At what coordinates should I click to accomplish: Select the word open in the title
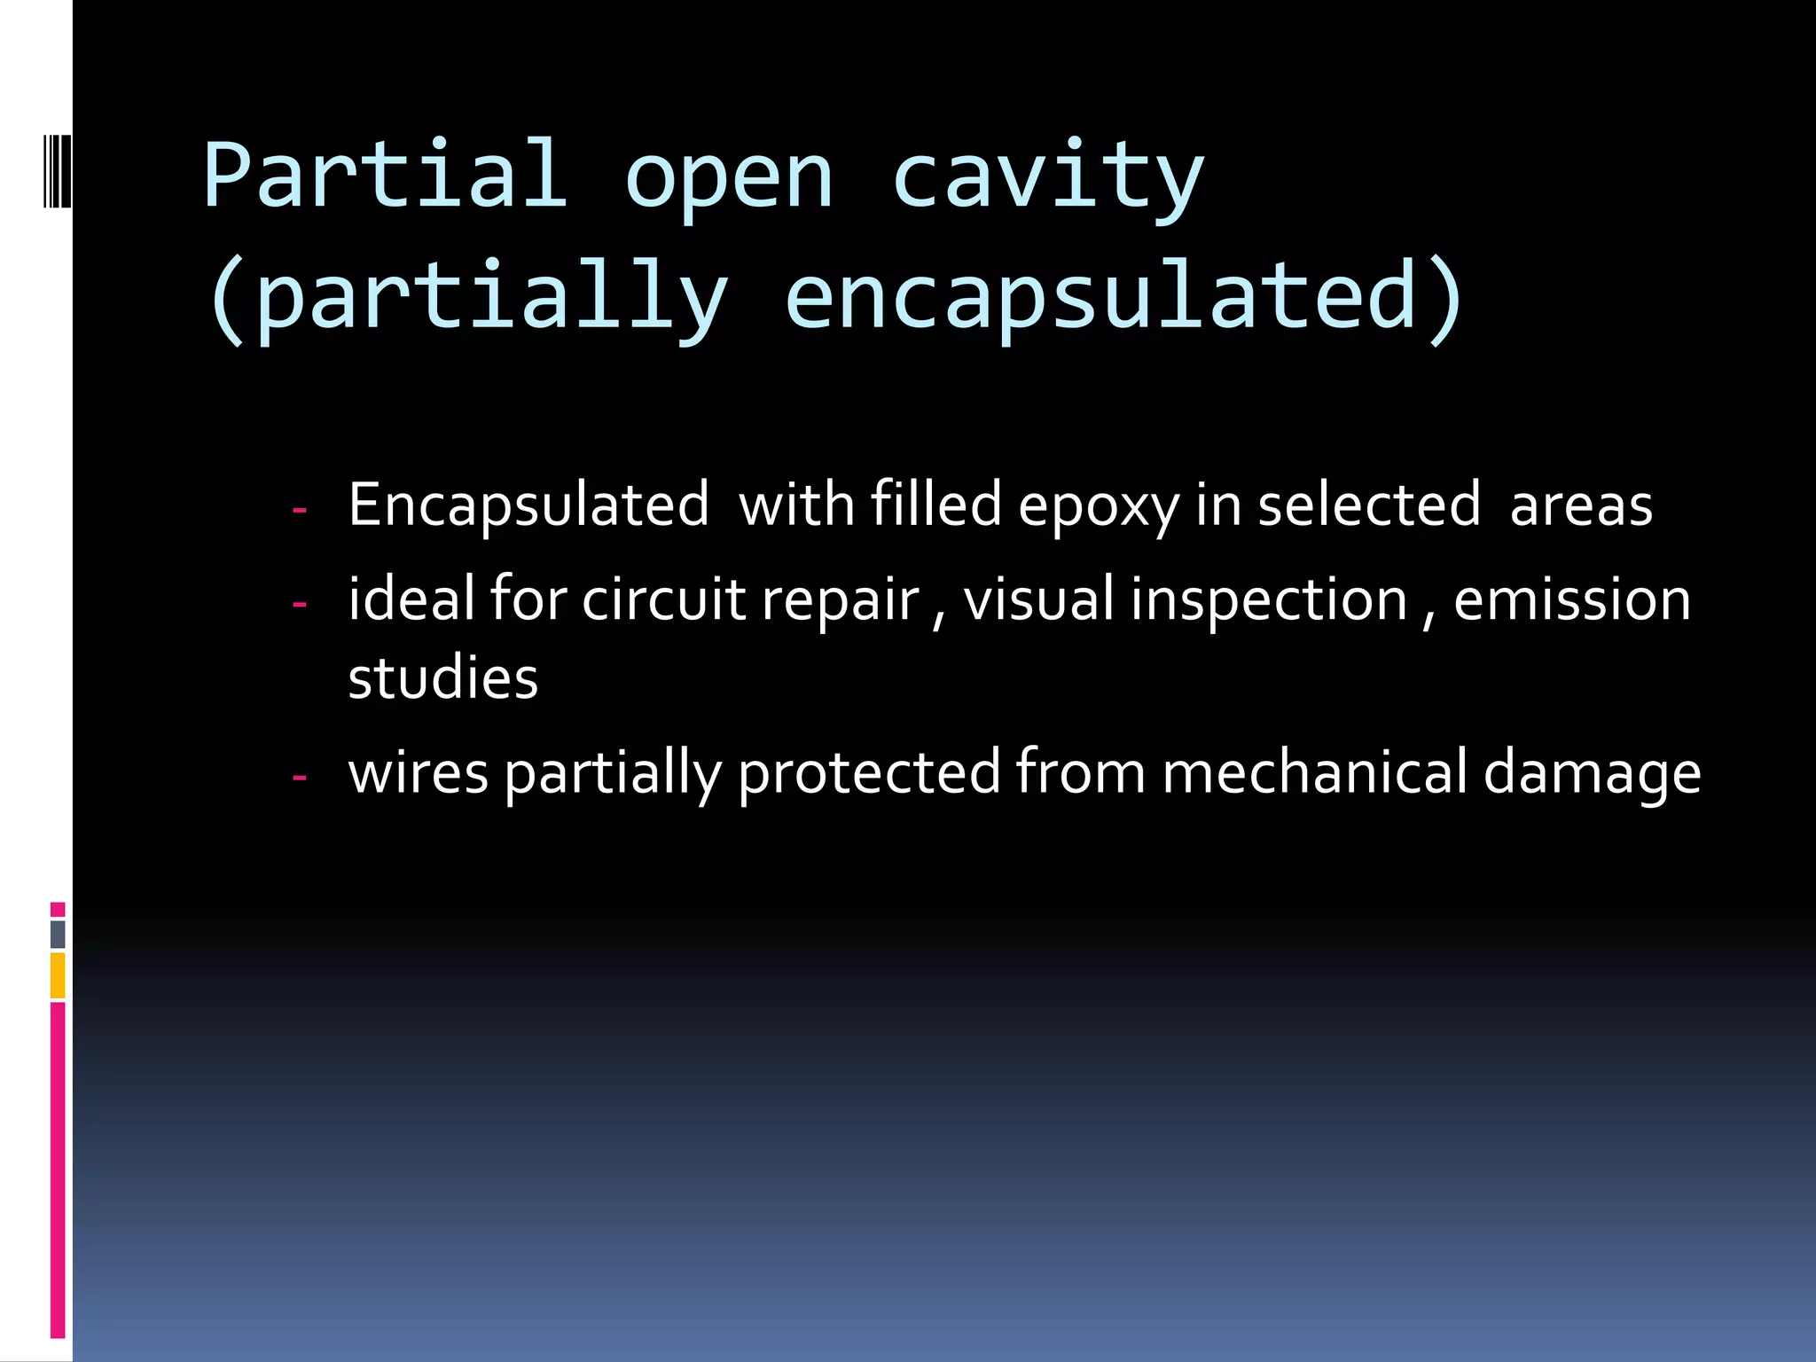pyautogui.click(x=729, y=182)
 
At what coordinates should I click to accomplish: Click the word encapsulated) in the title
pyautogui.click(x=1124, y=296)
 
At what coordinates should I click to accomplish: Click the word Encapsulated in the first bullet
pyautogui.click(x=528, y=505)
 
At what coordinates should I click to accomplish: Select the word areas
pyautogui.click(x=1581, y=505)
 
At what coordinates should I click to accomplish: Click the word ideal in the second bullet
pyautogui.click(x=411, y=599)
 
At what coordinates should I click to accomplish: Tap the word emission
pyautogui.click(x=1572, y=599)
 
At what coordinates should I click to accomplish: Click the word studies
pyautogui.click(x=442, y=678)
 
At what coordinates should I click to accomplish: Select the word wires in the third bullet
pyautogui.click(x=419, y=772)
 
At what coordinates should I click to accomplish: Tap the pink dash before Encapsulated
pyautogui.click(x=300, y=511)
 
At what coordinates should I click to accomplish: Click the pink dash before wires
pyautogui.click(x=300, y=778)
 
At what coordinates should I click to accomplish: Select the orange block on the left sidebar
pyautogui.click(x=58, y=975)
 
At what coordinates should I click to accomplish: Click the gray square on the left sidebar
pyautogui.click(x=58, y=934)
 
